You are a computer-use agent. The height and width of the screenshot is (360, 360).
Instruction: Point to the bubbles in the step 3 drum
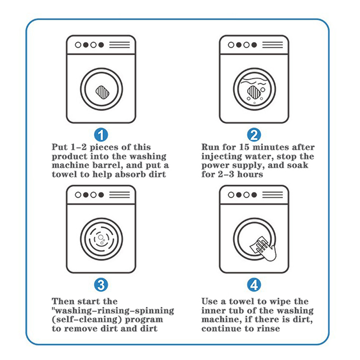click(102, 238)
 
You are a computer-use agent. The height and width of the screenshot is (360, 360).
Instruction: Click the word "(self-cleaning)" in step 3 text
click(80, 319)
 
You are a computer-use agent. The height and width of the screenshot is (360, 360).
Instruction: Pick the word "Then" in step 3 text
click(63, 301)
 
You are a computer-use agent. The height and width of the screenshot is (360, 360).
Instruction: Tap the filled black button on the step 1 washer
click(101, 45)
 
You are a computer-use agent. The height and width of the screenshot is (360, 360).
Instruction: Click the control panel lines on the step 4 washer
click(272, 195)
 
